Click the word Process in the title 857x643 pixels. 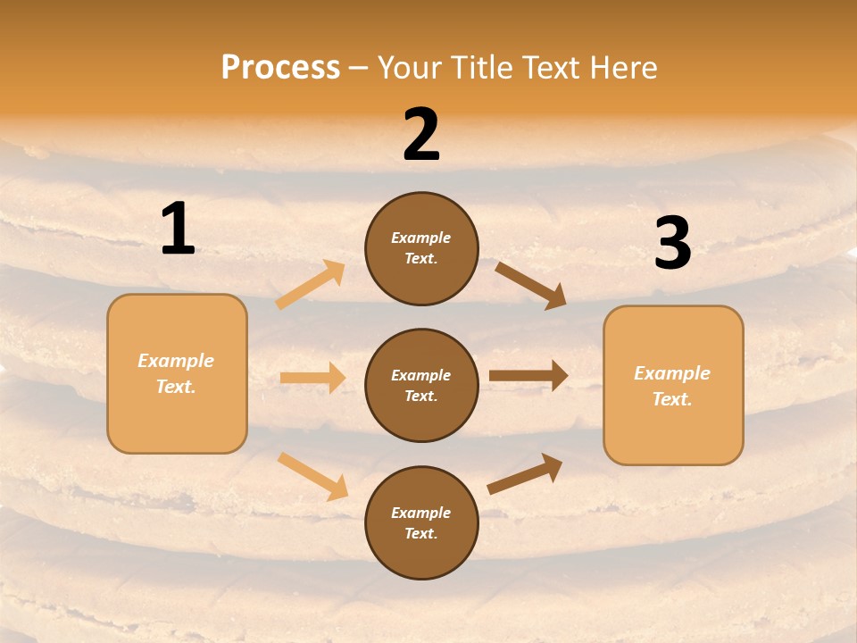click(280, 68)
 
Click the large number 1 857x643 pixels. click(178, 230)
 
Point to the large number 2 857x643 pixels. click(421, 136)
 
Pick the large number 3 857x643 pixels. click(672, 244)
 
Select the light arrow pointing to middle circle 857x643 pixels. click(312, 378)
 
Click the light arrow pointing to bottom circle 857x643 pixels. click(313, 475)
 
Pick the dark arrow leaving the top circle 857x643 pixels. click(530, 285)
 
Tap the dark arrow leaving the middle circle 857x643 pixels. click(528, 376)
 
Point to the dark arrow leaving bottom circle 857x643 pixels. click(525, 473)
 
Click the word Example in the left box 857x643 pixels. click(176, 361)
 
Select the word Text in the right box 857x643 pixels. click(671, 399)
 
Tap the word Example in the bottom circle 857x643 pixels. click(421, 513)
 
